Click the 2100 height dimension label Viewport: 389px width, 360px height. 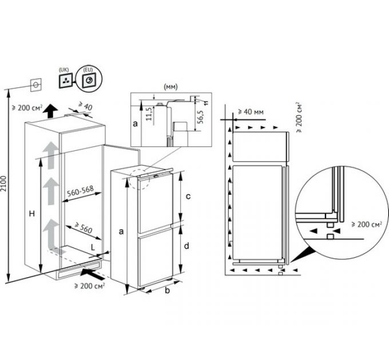coord(3,184)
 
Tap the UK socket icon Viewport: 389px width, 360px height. coord(66,81)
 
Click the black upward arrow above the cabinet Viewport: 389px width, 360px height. coord(51,111)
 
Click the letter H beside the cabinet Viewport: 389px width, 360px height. coord(32,214)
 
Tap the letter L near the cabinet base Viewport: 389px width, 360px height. coord(93,247)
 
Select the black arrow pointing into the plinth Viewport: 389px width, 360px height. coord(92,273)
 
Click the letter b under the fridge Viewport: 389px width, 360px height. coord(168,290)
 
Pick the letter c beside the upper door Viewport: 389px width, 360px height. coord(188,197)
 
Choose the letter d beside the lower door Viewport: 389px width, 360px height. coord(186,246)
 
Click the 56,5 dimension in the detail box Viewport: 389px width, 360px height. coord(201,117)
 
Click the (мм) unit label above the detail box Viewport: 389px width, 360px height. coord(171,87)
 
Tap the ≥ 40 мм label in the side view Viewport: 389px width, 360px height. coord(251,112)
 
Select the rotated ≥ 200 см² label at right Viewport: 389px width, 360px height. coord(299,117)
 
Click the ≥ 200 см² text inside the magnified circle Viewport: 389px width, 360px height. coord(367,224)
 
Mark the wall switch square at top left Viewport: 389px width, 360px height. coord(35,85)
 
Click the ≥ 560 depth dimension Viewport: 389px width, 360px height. coord(84,228)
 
